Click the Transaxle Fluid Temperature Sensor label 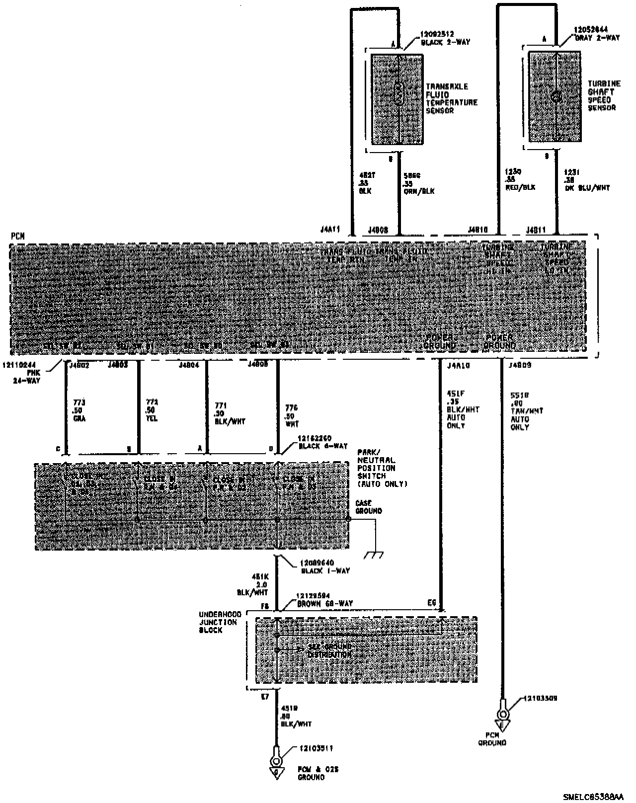[451, 98]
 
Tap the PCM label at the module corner [17, 236]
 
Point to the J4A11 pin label [330, 229]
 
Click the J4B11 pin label [536, 229]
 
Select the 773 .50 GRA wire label [79, 410]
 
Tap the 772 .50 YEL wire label [152, 410]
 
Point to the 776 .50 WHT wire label [292, 416]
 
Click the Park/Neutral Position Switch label [382, 468]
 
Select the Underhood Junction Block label [219, 622]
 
